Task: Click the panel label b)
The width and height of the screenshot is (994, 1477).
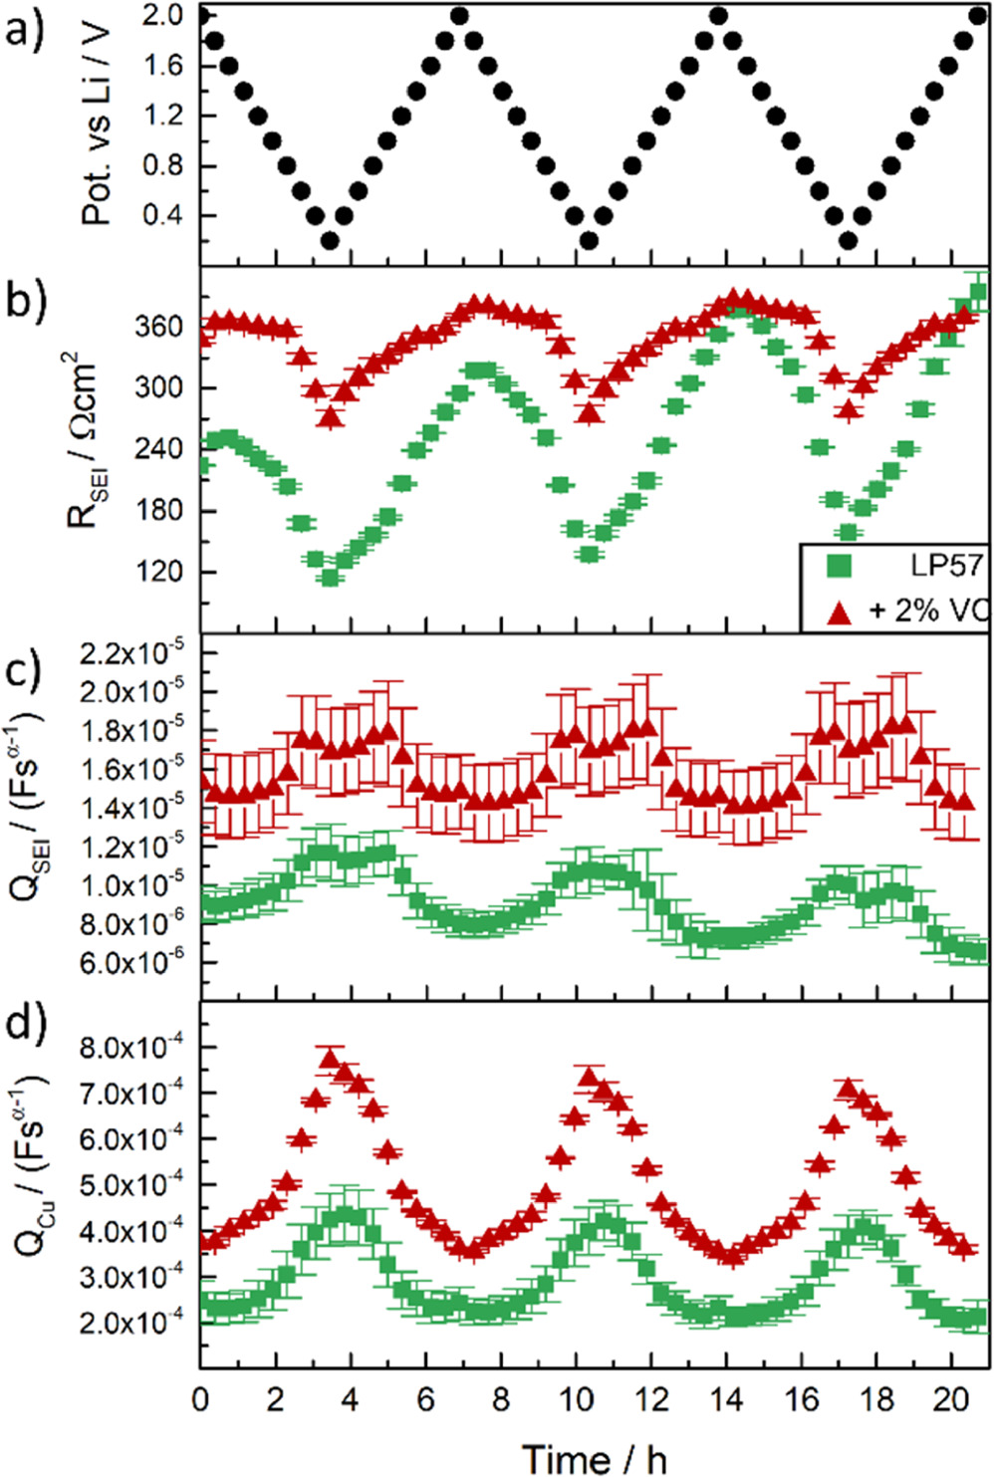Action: coord(26,300)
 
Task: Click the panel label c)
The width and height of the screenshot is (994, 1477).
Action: coord(26,668)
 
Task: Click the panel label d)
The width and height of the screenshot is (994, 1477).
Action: coord(26,1025)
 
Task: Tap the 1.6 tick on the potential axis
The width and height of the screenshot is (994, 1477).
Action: coord(162,66)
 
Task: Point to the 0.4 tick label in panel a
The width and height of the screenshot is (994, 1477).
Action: coord(162,215)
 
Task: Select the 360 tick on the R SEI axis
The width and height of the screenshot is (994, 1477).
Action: coord(158,327)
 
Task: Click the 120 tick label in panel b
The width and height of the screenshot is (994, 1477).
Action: coord(158,572)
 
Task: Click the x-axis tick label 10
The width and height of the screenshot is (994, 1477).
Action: coord(576,1399)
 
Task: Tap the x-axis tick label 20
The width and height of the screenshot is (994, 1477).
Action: coord(951,1399)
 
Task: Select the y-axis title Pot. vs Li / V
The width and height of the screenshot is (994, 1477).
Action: coord(97,124)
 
